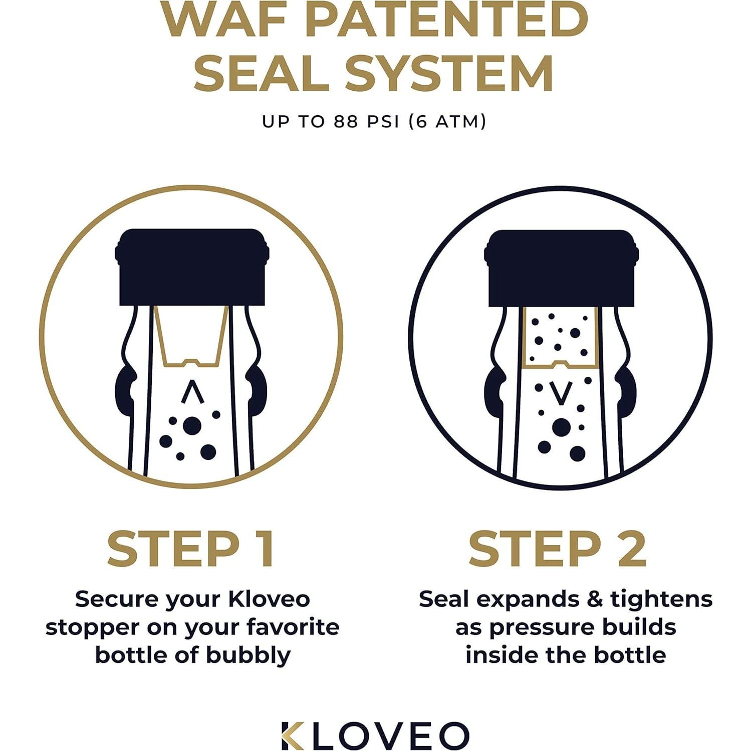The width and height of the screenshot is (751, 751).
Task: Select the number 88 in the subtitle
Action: [346, 121]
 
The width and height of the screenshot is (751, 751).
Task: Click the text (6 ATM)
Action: [447, 121]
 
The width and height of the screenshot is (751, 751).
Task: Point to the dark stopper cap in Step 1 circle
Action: [192, 267]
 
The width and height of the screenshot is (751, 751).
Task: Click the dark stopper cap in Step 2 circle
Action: [561, 268]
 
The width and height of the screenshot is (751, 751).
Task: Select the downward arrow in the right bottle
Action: [561, 393]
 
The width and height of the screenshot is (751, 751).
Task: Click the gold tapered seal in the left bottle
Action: [191, 336]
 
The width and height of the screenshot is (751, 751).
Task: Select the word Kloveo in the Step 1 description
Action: [269, 599]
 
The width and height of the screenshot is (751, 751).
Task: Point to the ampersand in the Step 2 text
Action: [595, 599]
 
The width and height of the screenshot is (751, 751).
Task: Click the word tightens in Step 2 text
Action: [661, 599]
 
